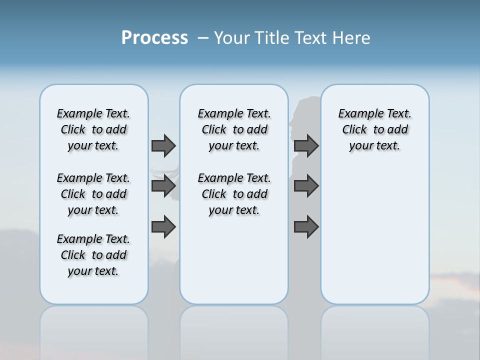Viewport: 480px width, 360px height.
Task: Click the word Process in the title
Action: click(x=154, y=38)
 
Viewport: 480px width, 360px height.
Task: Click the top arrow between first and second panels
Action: click(x=163, y=145)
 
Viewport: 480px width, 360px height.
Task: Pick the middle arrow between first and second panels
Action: click(x=163, y=186)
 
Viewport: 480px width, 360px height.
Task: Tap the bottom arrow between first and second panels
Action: click(x=163, y=227)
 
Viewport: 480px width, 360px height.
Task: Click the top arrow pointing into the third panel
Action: click(x=306, y=145)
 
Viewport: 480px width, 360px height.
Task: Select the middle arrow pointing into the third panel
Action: click(x=306, y=186)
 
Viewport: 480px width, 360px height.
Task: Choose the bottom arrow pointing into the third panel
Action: click(x=306, y=227)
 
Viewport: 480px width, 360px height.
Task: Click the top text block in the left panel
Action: click(x=93, y=129)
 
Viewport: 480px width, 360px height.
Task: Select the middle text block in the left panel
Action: click(x=93, y=194)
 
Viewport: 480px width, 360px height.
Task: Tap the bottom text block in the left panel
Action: click(x=93, y=255)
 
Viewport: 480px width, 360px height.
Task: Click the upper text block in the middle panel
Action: click(x=234, y=129)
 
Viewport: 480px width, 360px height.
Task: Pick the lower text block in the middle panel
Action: click(x=234, y=194)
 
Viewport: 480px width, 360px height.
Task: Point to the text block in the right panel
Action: click(x=374, y=129)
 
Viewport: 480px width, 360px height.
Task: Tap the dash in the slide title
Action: click(x=203, y=38)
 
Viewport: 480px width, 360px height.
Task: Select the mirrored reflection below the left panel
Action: click(x=94, y=330)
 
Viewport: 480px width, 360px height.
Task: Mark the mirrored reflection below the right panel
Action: click(x=375, y=330)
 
